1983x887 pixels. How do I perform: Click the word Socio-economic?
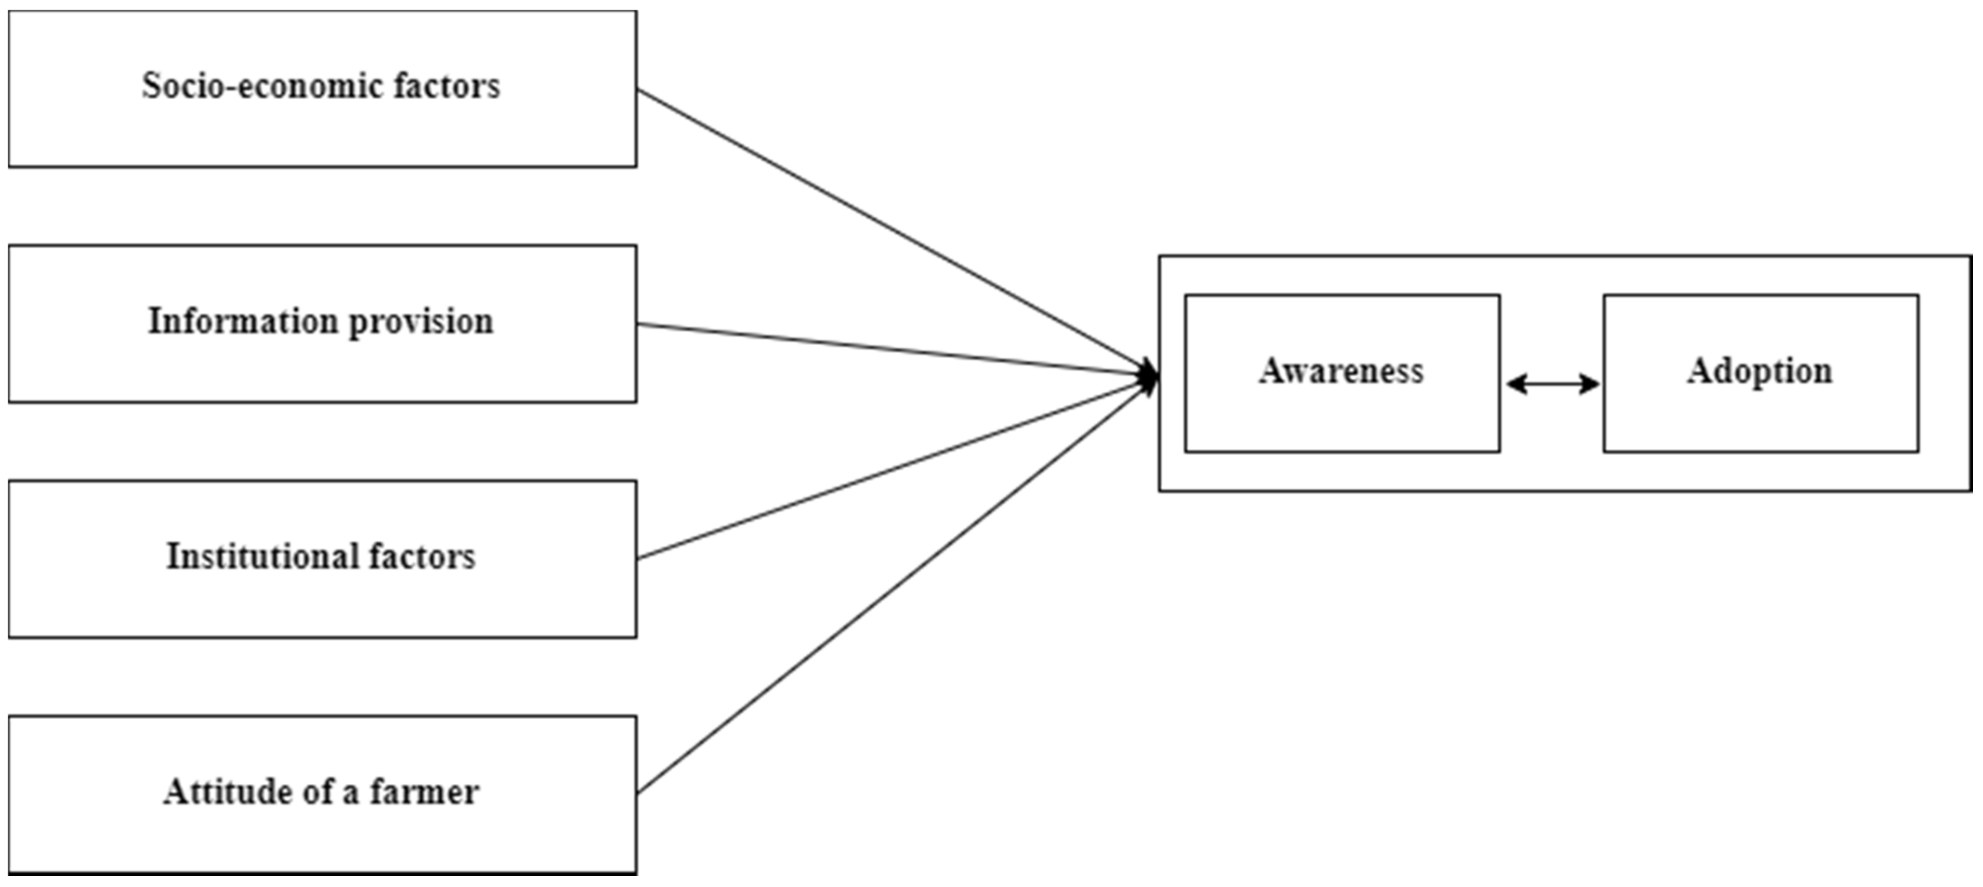263,86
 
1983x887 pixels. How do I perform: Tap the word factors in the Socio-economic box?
446,86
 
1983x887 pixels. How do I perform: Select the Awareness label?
1341,371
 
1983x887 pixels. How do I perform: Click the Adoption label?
1760,371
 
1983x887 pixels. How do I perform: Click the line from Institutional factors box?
893,470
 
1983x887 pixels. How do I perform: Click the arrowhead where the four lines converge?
1150,377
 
